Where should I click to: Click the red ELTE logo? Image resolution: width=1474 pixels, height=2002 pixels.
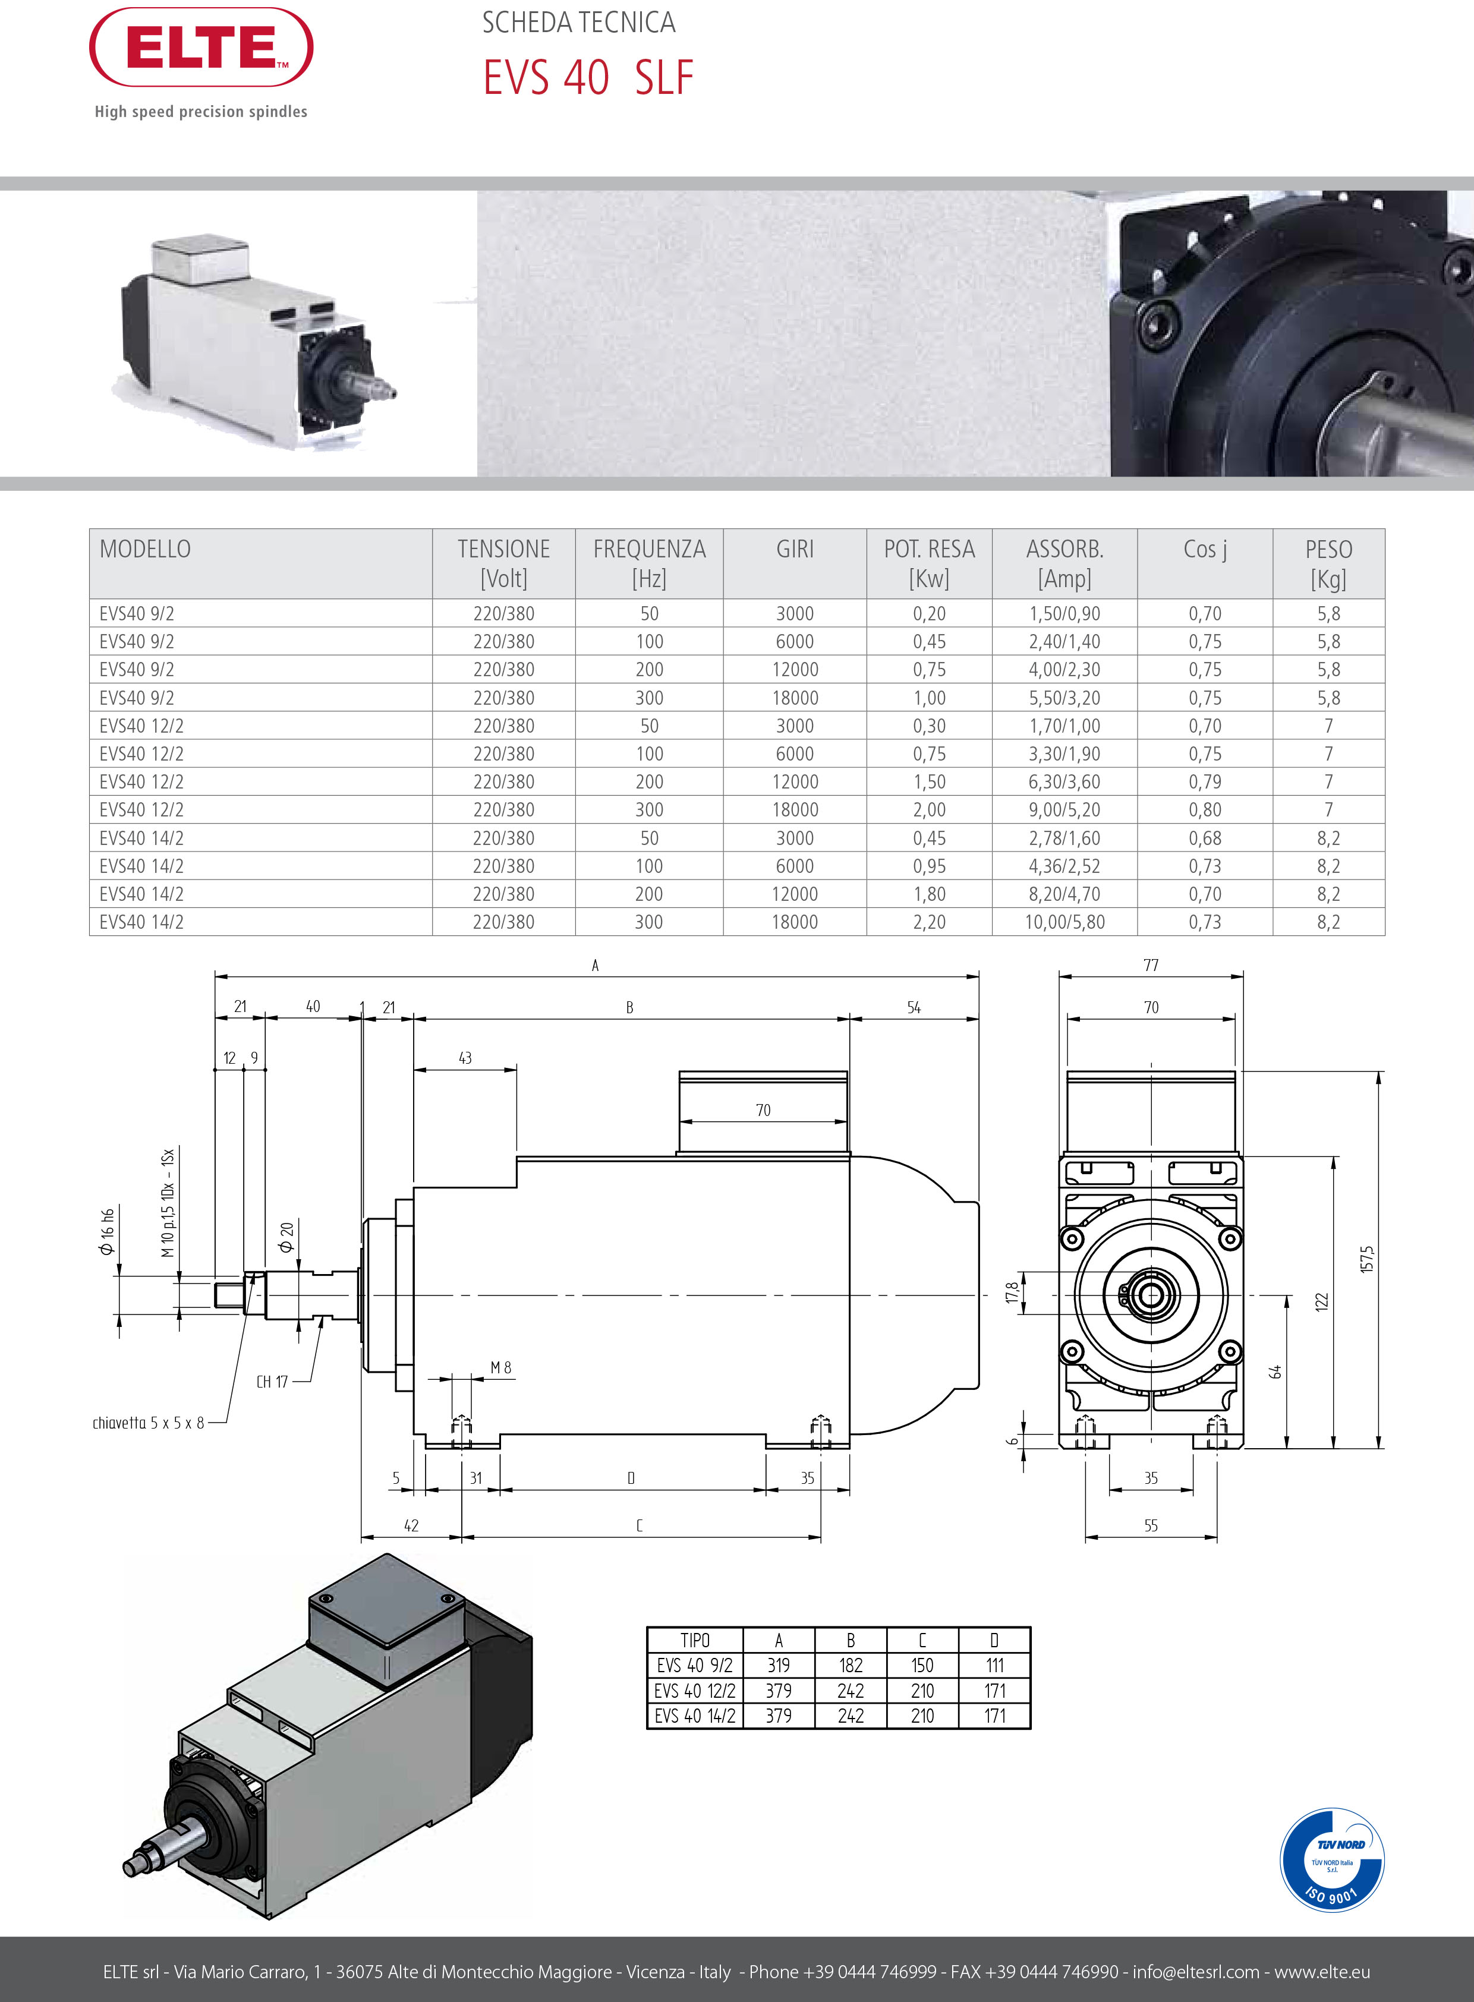201,48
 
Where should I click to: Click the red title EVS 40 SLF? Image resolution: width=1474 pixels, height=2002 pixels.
587,78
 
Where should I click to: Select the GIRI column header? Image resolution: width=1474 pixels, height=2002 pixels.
794,550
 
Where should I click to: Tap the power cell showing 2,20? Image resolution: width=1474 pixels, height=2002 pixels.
929,922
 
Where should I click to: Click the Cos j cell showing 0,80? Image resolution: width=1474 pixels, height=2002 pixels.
1205,810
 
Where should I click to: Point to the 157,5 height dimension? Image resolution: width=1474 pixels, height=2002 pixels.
1368,1259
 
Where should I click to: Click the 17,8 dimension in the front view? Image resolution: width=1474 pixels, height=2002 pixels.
1011,1292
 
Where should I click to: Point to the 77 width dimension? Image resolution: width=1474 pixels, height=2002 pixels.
1151,965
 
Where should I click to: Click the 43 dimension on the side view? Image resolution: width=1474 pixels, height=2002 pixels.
465,1058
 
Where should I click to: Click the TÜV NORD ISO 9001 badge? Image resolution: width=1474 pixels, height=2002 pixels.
1331,1859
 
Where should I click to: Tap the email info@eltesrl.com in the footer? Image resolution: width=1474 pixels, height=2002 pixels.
1196,1972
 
